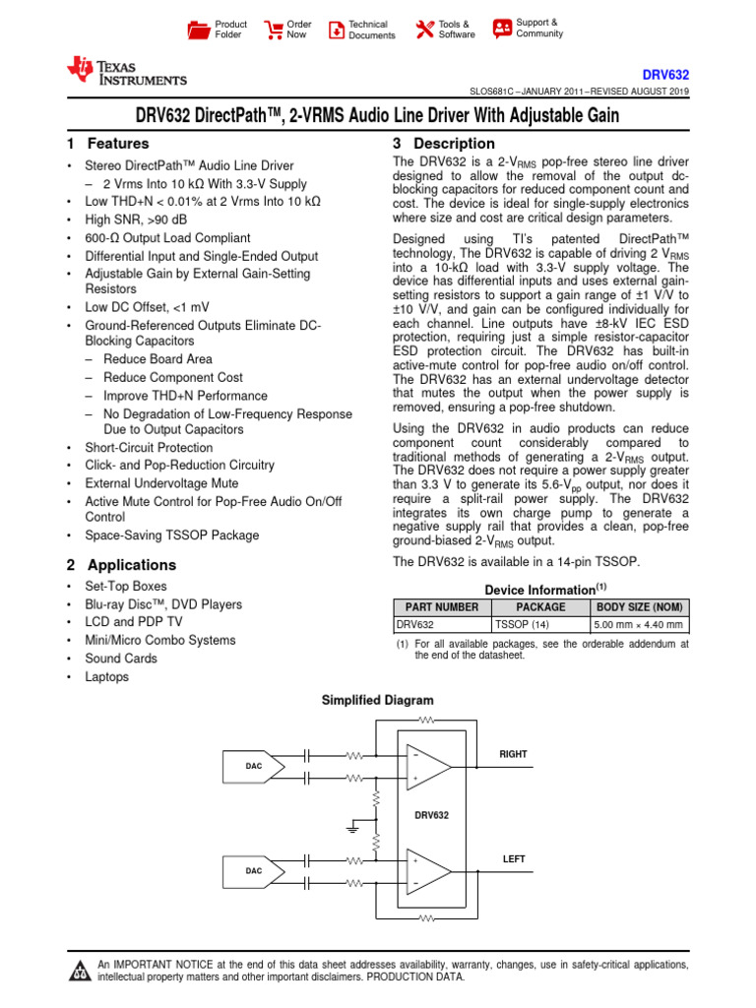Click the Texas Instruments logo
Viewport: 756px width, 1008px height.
[x=125, y=71]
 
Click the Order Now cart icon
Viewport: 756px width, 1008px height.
[x=275, y=30]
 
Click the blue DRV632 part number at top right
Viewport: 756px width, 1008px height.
[x=665, y=74]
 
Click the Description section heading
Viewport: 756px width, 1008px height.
[x=443, y=144]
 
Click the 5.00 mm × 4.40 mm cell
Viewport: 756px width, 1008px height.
[x=640, y=624]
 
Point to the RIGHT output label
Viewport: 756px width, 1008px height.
[x=513, y=754]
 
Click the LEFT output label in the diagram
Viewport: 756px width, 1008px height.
[x=514, y=859]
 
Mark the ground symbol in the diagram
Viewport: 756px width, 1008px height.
[x=352, y=829]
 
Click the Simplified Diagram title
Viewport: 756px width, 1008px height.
[x=378, y=700]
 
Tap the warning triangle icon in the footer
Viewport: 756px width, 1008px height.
[x=79, y=972]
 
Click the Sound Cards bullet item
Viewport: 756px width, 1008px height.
[x=121, y=658]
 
